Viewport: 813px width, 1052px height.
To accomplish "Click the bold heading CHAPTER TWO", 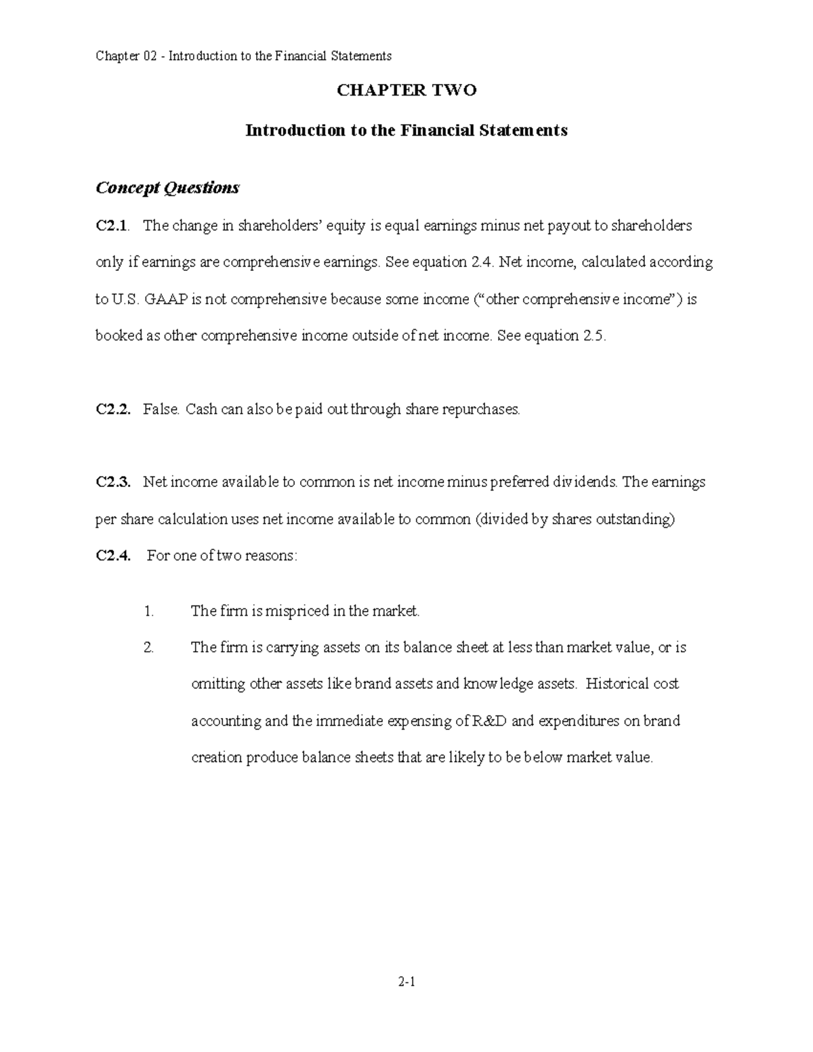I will [406, 90].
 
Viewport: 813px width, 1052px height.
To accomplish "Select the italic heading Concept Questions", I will [167, 188].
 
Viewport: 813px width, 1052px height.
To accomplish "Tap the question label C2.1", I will [111, 226].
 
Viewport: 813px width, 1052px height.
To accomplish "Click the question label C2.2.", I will [112, 410].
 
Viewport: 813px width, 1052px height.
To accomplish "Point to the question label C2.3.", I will [112, 482].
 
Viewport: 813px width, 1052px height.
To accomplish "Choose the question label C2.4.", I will [112, 556].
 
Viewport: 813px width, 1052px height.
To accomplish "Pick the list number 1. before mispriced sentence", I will [149, 612].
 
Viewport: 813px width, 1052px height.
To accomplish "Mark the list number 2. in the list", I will [149, 648].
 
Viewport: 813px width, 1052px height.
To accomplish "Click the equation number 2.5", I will [593, 336].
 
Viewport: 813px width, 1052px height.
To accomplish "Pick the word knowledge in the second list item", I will [498, 684].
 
